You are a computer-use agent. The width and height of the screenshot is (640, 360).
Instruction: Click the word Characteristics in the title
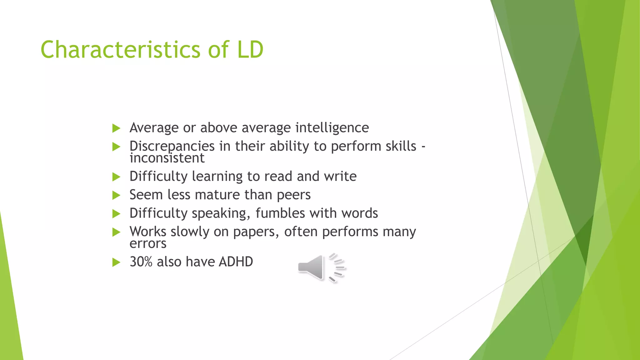pyautogui.click(x=120, y=50)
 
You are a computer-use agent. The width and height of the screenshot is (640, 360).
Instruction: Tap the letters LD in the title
pyautogui.click(x=250, y=50)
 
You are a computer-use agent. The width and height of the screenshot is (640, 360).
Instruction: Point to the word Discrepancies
pyautogui.click(x=172, y=146)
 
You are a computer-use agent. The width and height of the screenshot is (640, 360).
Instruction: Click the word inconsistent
pyautogui.click(x=167, y=158)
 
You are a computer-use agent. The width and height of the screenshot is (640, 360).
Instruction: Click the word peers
pyautogui.click(x=293, y=195)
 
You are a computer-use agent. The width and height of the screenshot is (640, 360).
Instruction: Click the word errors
pyautogui.click(x=148, y=244)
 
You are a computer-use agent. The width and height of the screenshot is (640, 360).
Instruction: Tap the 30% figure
pyautogui.click(x=141, y=262)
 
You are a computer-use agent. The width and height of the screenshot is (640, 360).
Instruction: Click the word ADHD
pyautogui.click(x=236, y=262)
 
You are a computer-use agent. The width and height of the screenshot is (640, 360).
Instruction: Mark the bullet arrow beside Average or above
pyautogui.click(x=116, y=128)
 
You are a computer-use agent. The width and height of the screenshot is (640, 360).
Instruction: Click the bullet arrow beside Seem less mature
pyautogui.click(x=116, y=196)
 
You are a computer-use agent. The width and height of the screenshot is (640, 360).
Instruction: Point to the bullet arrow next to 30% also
pyautogui.click(x=116, y=262)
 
